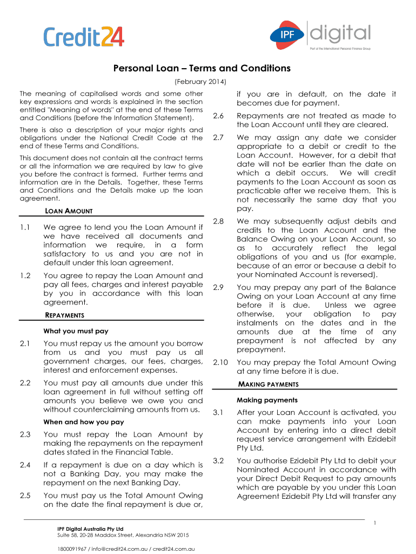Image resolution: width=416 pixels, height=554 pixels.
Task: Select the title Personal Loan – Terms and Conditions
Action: (x=202, y=69)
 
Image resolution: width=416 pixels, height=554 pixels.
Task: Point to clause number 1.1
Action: (x=24, y=228)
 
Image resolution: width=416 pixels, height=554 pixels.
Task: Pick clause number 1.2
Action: (x=24, y=275)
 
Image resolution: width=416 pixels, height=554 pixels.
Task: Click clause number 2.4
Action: (x=24, y=465)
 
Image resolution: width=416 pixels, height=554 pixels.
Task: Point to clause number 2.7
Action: (x=219, y=138)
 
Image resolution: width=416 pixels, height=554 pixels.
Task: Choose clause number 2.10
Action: (x=220, y=362)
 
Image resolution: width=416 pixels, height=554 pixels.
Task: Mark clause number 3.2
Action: (x=218, y=460)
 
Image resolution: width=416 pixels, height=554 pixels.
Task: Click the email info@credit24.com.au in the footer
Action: (x=118, y=549)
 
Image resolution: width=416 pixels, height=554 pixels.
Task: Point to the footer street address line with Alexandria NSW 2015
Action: (x=123, y=535)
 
